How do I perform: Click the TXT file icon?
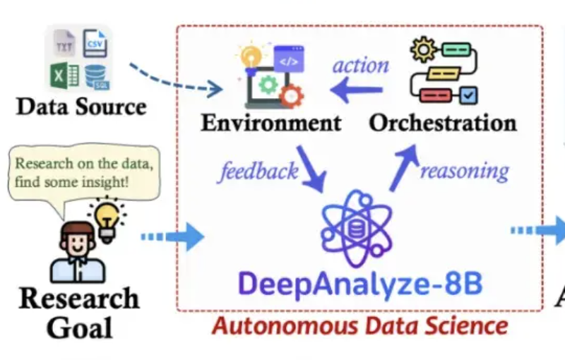64,44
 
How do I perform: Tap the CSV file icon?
95,43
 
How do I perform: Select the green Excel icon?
64,75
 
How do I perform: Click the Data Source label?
81,107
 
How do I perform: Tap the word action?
361,66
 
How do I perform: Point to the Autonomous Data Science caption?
361,325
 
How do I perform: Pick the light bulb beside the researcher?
107,216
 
